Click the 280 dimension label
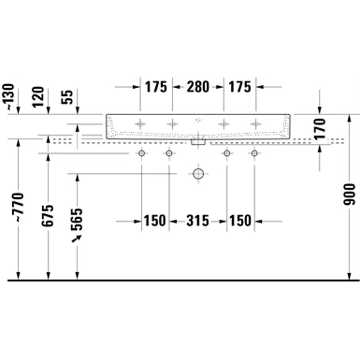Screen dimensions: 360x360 point(198,87)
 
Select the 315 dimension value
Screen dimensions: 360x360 point(198,221)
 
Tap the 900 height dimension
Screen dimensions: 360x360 point(349,194)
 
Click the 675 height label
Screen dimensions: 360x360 point(48,215)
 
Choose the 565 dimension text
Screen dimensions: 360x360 point(76,219)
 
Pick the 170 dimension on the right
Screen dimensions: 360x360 point(320,129)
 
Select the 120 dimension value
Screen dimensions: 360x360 point(38,97)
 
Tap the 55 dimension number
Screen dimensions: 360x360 point(67,97)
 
